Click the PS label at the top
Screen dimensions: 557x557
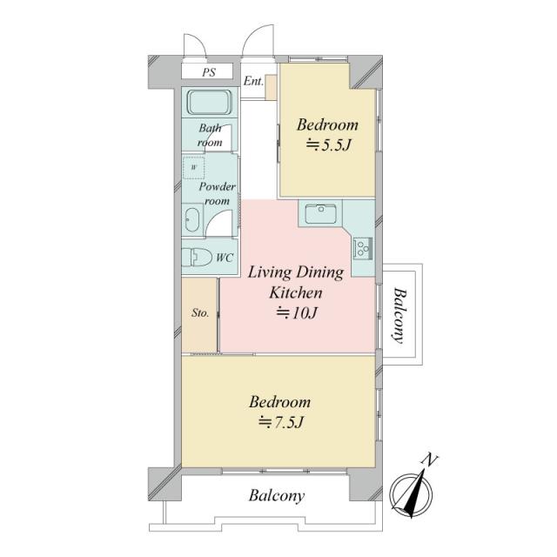209,72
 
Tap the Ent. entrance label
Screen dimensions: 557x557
253,81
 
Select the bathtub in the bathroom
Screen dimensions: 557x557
210,103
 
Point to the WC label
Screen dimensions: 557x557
225,258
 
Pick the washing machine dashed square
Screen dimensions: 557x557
193,167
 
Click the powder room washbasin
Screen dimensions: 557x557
192,220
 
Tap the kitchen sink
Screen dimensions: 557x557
321,213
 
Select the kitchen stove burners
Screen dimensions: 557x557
363,247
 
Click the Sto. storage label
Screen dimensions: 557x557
200,313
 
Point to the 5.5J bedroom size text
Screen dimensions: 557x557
329,145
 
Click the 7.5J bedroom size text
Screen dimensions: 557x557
281,422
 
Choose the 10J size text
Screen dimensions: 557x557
297,312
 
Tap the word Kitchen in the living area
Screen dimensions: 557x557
296,292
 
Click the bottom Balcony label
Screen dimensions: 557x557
277,496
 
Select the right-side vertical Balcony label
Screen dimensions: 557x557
400,315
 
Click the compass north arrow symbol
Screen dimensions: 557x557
412,493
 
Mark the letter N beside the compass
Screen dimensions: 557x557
430,460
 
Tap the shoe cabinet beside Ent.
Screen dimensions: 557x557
271,87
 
